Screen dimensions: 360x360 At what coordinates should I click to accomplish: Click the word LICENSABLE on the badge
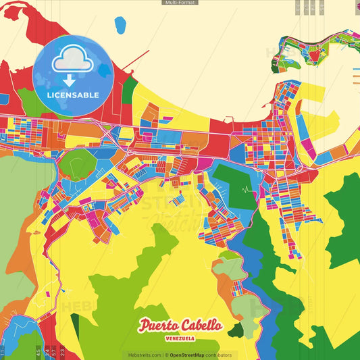[x=72, y=95]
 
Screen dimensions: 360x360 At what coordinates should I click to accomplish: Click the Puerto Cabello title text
[x=180, y=325]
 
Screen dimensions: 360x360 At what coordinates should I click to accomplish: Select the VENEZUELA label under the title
[x=181, y=338]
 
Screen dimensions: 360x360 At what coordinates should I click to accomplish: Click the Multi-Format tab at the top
[x=180, y=3]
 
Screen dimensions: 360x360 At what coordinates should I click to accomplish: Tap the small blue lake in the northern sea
[x=120, y=26]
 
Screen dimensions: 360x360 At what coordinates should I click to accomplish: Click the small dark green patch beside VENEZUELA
[x=236, y=330]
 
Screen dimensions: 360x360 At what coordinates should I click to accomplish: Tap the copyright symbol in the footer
[x=165, y=355]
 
